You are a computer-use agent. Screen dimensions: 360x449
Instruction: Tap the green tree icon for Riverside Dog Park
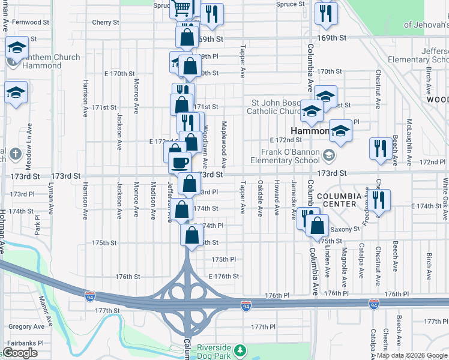pyautogui.click(x=241, y=349)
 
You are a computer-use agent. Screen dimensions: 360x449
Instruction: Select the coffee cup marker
pyautogui.click(x=179, y=162)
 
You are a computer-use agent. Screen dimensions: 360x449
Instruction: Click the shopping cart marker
pyautogui.click(x=182, y=8)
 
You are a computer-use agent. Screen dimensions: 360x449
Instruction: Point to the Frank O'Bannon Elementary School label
pyautogui.click(x=291, y=157)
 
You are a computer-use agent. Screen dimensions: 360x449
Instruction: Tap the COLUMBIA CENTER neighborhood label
pyautogui.click(x=339, y=200)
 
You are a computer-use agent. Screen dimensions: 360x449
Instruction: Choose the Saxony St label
pyautogui.click(x=345, y=229)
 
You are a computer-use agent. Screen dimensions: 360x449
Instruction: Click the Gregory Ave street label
pyautogui.click(x=26, y=327)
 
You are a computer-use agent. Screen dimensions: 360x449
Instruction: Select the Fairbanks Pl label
pyautogui.click(x=23, y=343)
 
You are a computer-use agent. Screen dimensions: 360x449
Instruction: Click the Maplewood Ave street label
pyautogui.click(x=223, y=145)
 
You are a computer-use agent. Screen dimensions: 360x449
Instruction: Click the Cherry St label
pyautogui.click(x=106, y=22)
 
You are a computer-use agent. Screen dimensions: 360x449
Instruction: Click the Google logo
pyautogui.click(x=20, y=353)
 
